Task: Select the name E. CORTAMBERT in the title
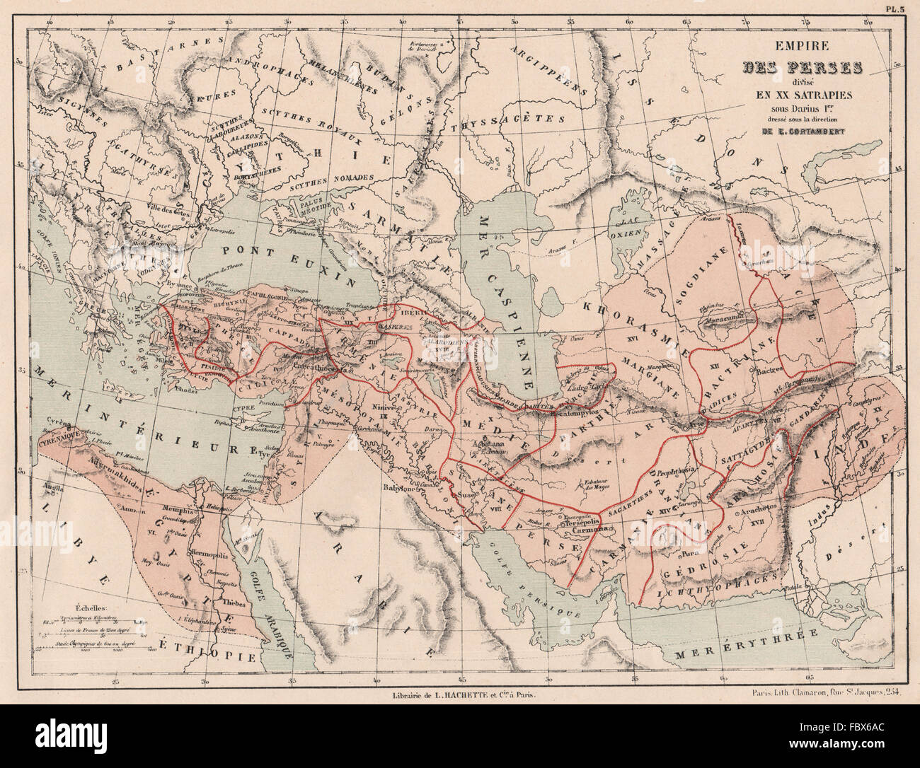tap(802, 129)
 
